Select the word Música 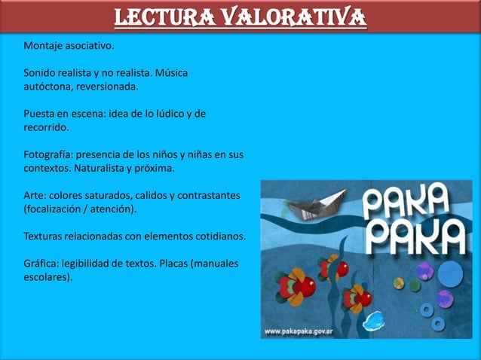point(170,74)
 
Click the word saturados point(110,196)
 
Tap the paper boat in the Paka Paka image point(322,203)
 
